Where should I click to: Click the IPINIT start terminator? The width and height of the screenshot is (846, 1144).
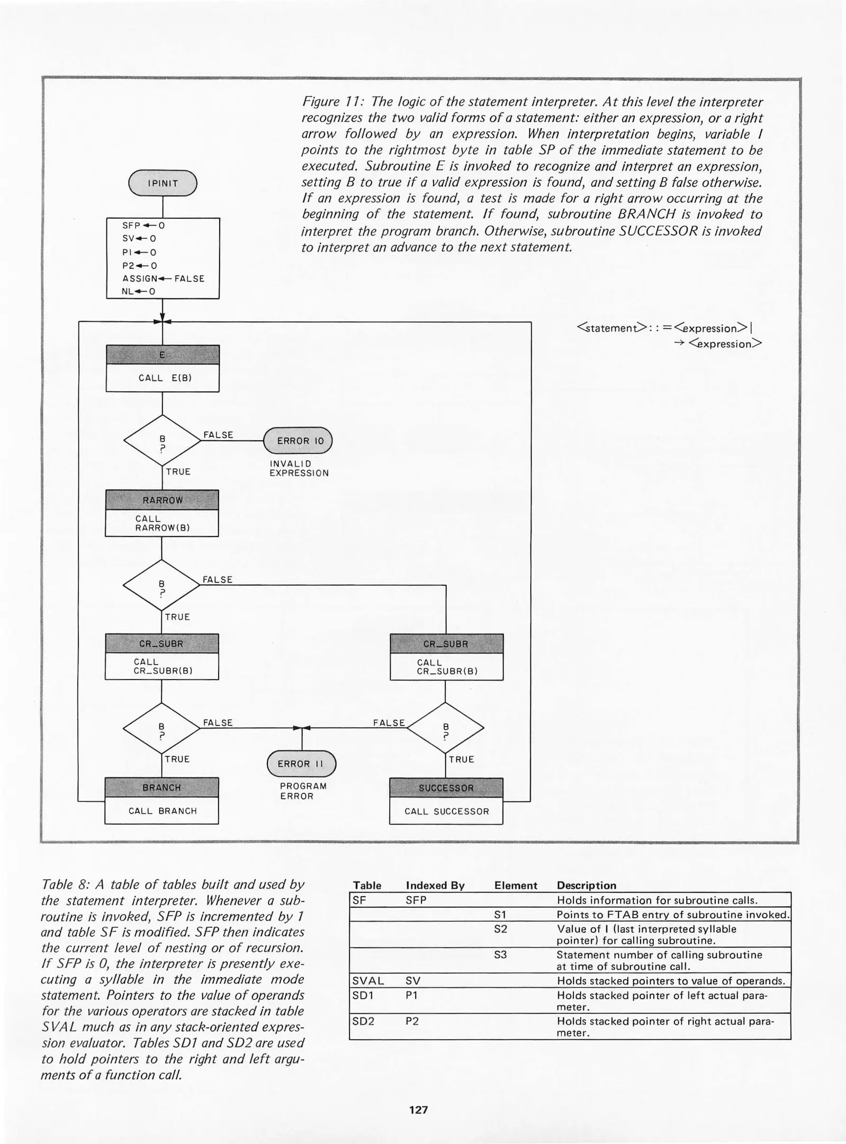(x=163, y=183)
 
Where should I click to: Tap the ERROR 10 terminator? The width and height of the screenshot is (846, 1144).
(x=297, y=441)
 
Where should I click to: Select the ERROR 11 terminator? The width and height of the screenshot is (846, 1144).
(x=301, y=764)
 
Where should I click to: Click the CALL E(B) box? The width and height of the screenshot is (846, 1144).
(x=162, y=378)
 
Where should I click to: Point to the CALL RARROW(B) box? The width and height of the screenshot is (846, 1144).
(x=162, y=523)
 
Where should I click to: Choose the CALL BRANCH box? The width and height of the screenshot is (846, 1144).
(x=162, y=811)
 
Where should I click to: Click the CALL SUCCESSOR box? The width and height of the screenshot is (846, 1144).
(x=446, y=811)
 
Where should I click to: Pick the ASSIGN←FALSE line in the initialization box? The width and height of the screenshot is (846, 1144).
(x=163, y=279)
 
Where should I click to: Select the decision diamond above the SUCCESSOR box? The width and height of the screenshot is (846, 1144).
(x=446, y=728)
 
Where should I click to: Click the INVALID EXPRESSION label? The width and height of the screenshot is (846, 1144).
(x=299, y=468)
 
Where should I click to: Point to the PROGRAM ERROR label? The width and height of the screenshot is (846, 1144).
(x=303, y=791)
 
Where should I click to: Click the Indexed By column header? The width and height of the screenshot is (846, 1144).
(x=435, y=886)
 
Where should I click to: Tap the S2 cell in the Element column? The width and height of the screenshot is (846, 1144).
(x=500, y=929)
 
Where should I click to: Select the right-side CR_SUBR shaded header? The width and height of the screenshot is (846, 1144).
(x=446, y=644)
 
